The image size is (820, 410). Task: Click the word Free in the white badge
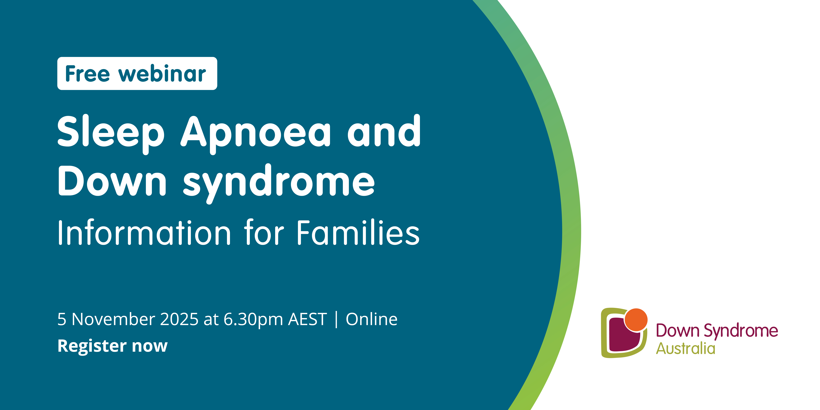click(88, 74)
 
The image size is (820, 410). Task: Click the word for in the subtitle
click(264, 232)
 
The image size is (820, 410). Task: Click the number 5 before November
click(62, 319)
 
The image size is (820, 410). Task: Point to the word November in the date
click(113, 319)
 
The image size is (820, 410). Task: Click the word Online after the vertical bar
click(371, 319)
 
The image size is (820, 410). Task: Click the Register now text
click(112, 346)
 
